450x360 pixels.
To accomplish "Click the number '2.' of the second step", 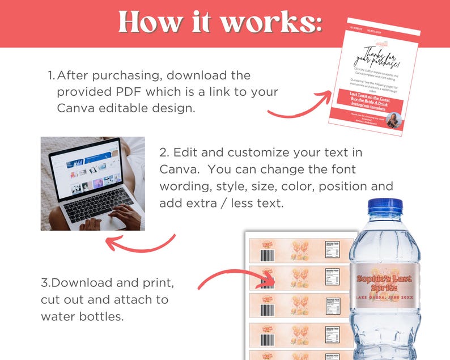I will (x=164, y=153).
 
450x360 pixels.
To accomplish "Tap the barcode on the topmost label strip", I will (x=263, y=249).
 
